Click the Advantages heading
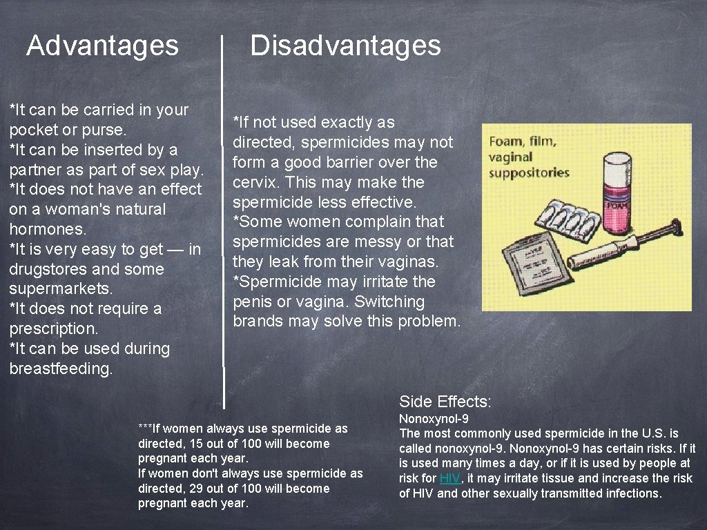coord(102,46)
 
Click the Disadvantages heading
coord(345,46)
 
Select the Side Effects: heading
coord(445,402)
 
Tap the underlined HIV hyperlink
coord(449,478)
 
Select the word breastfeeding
coord(60,369)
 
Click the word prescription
coord(52,328)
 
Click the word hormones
coord(46,229)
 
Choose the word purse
coord(105,130)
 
